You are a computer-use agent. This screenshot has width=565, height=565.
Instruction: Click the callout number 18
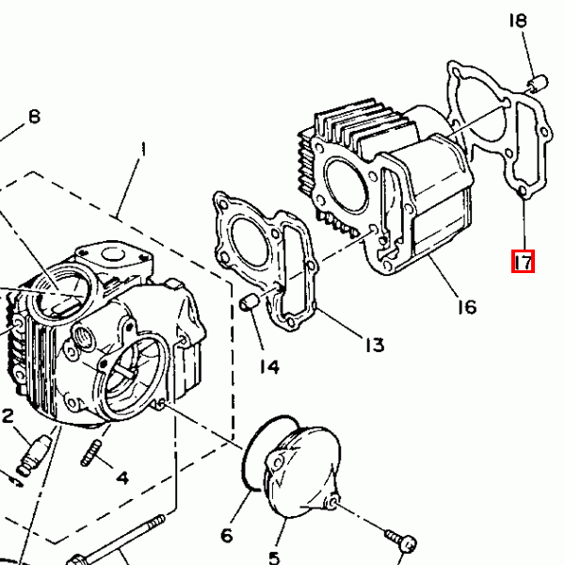(518, 21)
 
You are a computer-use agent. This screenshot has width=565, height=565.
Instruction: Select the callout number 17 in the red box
(524, 262)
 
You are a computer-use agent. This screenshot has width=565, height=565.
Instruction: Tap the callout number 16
(467, 307)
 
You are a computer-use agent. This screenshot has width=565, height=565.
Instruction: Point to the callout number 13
(375, 345)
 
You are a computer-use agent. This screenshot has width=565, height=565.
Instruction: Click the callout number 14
(269, 367)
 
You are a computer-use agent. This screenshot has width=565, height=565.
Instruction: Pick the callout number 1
(144, 149)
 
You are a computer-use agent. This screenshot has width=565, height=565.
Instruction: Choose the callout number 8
(34, 117)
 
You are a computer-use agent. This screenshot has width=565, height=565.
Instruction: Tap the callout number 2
(8, 416)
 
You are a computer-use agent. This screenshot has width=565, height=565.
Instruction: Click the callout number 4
(122, 477)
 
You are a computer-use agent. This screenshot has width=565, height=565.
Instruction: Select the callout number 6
(227, 536)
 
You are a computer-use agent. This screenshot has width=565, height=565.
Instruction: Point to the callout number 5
(275, 557)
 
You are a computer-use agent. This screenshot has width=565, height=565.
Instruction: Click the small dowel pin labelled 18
(538, 84)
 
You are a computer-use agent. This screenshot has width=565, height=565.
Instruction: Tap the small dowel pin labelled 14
(249, 301)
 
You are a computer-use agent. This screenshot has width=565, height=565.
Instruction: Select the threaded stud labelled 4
(90, 453)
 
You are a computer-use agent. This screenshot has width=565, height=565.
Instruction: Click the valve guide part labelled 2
(34, 455)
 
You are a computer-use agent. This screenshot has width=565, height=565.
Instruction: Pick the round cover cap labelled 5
(302, 472)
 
